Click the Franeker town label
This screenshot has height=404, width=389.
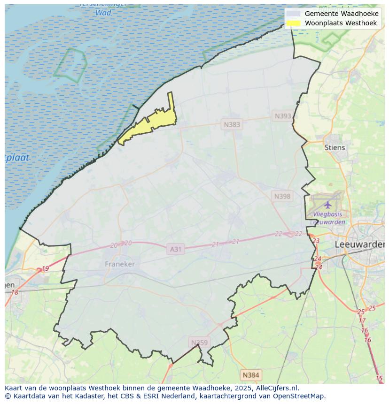tap(120, 264)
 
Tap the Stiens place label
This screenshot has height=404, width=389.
tap(335, 147)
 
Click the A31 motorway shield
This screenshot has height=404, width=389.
tap(175, 249)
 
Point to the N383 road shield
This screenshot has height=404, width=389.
tap(232, 124)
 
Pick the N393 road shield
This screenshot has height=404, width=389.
tap(283, 116)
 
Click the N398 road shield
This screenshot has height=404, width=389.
tap(282, 196)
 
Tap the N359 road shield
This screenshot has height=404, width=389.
tap(199, 343)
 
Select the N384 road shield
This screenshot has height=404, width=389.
tap(250, 375)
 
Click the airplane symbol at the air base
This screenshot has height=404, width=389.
tap(327, 205)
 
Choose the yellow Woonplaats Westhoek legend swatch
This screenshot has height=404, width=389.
tap(293, 23)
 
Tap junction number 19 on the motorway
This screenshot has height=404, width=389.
tap(45, 268)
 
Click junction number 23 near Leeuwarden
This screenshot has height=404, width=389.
tap(316, 241)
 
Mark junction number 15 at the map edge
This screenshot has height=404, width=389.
tap(379, 378)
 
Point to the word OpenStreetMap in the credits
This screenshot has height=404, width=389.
tap(299, 396)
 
